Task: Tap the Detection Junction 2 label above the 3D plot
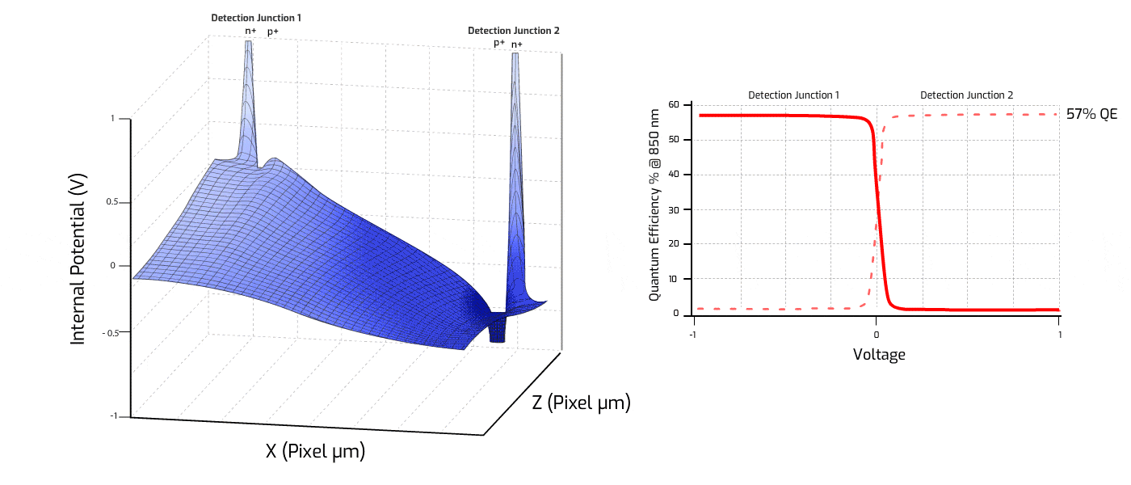513,31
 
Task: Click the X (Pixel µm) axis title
315,451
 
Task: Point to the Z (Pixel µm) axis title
581,402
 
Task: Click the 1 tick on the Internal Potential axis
113,119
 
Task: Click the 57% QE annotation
1090,115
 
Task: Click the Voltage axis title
879,354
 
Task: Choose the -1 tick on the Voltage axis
693,332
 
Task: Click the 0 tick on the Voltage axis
877,332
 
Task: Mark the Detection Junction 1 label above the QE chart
793,95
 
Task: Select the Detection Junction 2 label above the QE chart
966,95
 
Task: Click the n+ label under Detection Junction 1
251,32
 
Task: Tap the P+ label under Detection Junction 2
499,44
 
